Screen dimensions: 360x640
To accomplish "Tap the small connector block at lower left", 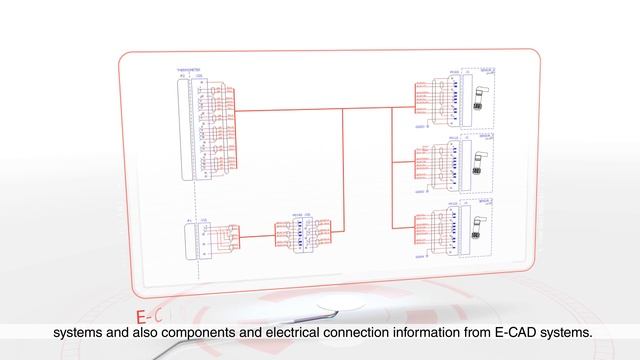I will point(191,241).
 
